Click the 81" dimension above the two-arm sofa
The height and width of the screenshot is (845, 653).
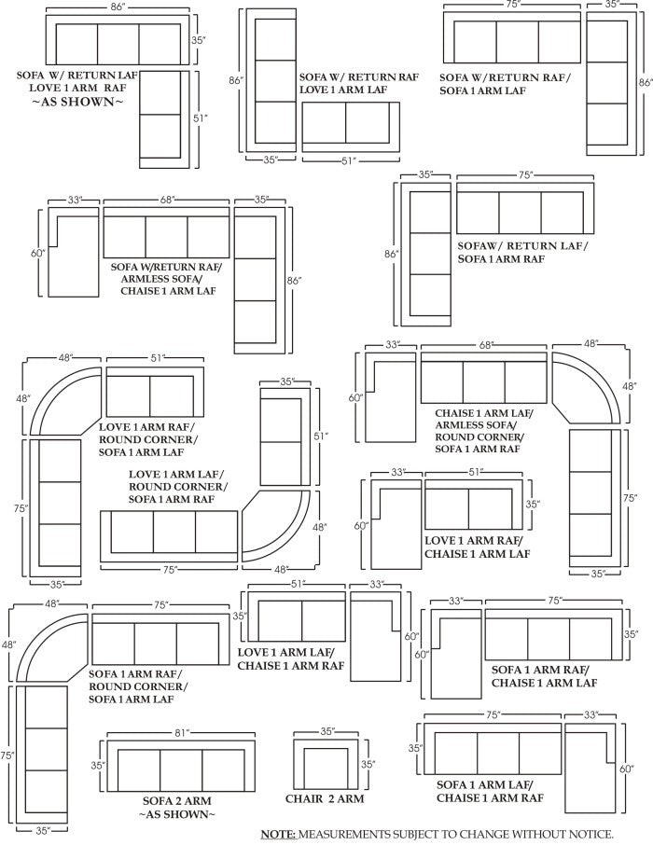[x=181, y=733]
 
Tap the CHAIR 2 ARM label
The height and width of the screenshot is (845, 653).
[x=325, y=799]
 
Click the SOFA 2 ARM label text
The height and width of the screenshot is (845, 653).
[x=176, y=800]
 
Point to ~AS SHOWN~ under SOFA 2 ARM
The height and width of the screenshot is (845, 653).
[x=176, y=814]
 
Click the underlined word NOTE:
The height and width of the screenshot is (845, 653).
[x=277, y=833]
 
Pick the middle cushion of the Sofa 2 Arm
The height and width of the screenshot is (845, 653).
[x=181, y=766]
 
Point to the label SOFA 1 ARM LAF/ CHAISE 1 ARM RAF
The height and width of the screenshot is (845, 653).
[x=491, y=791]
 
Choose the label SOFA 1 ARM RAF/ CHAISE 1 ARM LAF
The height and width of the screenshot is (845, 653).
[x=544, y=676]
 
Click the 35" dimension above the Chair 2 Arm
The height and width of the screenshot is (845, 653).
[x=326, y=733]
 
